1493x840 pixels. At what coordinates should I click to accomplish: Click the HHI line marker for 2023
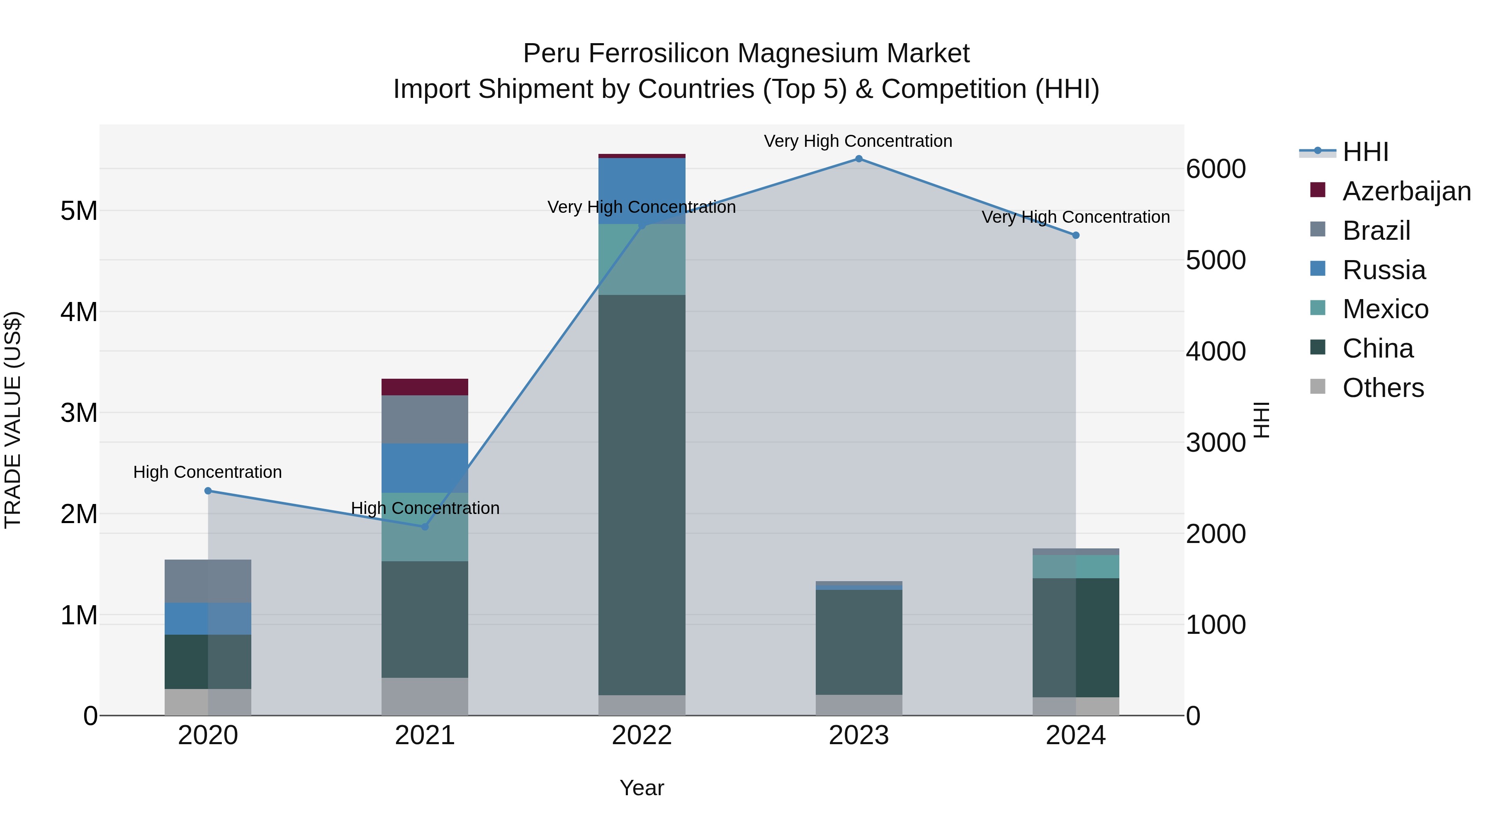click(858, 159)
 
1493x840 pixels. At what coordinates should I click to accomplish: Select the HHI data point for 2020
click(208, 491)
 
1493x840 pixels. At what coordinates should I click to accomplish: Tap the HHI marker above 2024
click(1076, 235)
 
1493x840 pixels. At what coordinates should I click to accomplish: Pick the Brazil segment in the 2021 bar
click(425, 419)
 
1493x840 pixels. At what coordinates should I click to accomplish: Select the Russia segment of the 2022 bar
click(642, 191)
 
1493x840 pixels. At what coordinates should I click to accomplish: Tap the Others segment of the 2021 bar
click(425, 696)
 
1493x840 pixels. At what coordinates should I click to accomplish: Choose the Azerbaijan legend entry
click(1406, 191)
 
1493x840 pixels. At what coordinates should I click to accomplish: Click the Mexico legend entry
click(1385, 309)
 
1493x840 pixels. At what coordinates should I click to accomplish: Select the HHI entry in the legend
click(1365, 152)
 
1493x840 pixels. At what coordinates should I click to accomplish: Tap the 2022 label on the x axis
click(642, 735)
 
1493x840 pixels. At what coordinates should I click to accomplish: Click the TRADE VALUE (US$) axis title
click(13, 420)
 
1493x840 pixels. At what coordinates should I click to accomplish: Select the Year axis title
click(642, 788)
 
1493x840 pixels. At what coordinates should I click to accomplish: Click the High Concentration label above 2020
click(207, 472)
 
